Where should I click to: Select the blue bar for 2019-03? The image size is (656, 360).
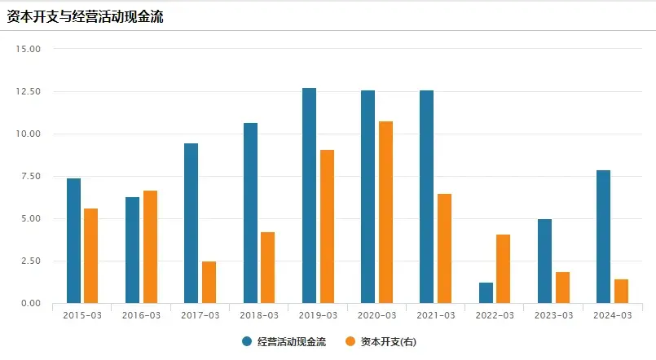point(309,195)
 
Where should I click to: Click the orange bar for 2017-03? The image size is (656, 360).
point(209,282)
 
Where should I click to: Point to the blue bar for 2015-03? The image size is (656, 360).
point(73,240)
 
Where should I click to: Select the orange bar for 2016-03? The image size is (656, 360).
point(150,247)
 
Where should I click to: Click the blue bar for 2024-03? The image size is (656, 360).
point(603,236)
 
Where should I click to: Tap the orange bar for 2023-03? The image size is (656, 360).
point(562,288)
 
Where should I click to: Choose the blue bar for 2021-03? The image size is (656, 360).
point(426,196)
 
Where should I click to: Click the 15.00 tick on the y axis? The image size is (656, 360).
point(29,49)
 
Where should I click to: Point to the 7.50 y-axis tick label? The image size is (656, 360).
point(29,176)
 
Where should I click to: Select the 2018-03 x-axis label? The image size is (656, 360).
point(259,315)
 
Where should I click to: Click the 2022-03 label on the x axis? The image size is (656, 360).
point(495,315)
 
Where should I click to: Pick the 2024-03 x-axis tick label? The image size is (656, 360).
point(612,315)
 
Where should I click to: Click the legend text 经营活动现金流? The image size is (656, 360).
point(291,341)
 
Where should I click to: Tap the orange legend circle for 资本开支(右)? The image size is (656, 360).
point(351,341)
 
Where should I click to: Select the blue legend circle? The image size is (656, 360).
point(247,341)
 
